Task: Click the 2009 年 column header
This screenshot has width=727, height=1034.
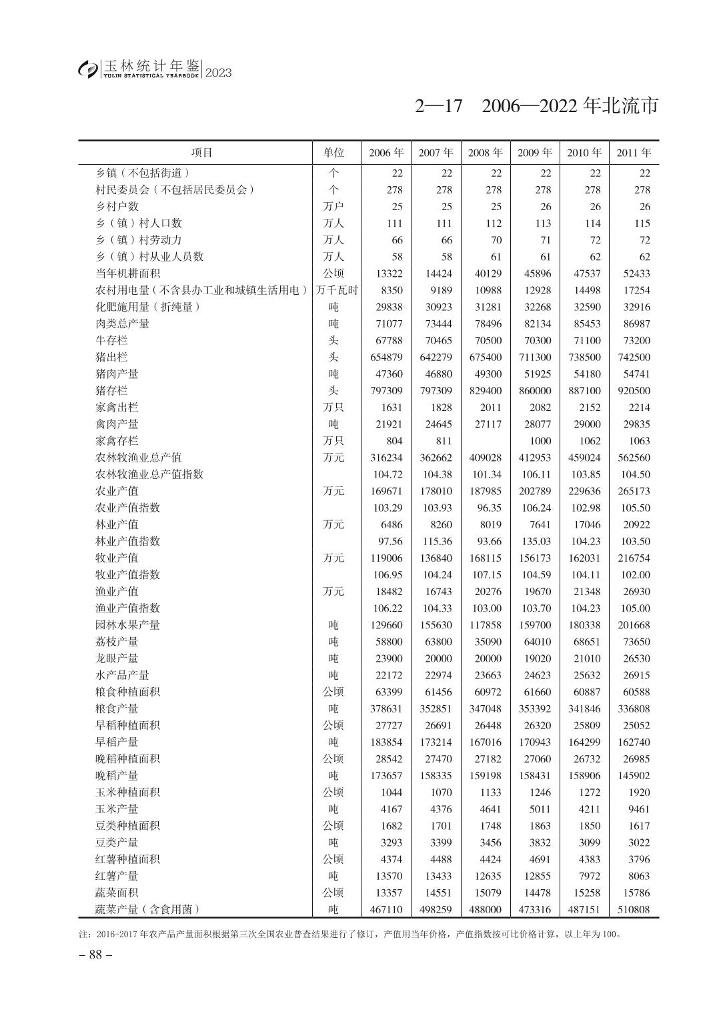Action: pos(535,153)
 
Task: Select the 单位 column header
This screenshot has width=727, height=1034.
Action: pos(333,153)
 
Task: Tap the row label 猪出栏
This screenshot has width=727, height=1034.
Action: pos(111,357)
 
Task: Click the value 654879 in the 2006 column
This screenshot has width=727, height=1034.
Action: pos(386,357)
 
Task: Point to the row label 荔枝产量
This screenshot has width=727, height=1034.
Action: pos(117,642)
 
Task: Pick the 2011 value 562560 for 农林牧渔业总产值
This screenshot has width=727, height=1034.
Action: pos(634,458)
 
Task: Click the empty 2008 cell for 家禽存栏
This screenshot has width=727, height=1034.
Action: pos(485,441)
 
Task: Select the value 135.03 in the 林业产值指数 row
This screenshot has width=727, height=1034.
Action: pos(536,541)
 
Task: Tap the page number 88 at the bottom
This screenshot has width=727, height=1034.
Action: pos(95,955)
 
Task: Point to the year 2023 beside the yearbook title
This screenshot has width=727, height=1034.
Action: pos(219,73)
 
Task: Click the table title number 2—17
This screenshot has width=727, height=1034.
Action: pos(438,106)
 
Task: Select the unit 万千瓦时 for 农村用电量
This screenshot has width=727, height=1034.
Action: pos(337,290)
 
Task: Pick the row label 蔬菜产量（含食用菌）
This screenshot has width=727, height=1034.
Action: pos(148,909)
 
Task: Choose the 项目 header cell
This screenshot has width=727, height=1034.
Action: pos(201,153)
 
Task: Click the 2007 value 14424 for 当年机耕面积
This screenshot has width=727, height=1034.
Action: pos(436,274)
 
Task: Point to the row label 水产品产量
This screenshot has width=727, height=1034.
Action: pos(122,675)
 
